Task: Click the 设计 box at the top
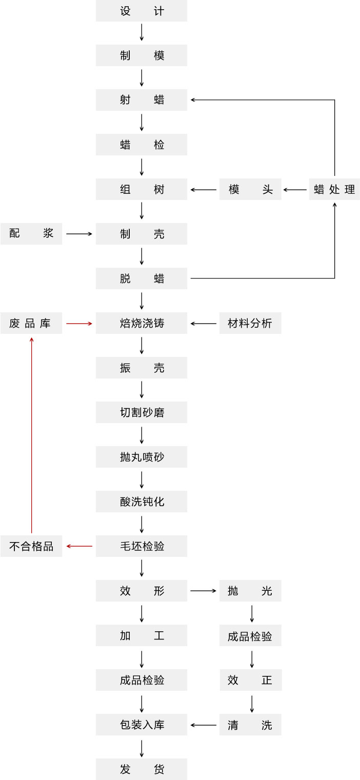(x=142, y=11)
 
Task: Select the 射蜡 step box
(x=142, y=100)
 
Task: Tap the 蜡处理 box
(x=334, y=189)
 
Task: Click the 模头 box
(x=250, y=189)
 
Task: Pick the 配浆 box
(x=31, y=234)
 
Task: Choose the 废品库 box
(x=31, y=323)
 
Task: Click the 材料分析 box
(x=250, y=323)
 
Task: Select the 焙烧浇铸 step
(x=142, y=323)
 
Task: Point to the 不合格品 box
(x=31, y=546)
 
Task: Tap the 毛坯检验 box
(x=142, y=546)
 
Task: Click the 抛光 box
(x=250, y=591)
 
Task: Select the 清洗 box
(x=250, y=725)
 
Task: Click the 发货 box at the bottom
(x=142, y=769)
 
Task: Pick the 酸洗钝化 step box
(x=142, y=502)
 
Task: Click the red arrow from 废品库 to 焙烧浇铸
(x=79, y=324)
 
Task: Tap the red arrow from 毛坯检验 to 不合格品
(x=79, y=546)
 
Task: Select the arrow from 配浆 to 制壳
(x=79, y=234)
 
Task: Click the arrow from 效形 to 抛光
(x=203, y=591)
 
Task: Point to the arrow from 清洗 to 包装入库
(x=203, y=725)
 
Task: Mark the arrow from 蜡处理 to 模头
(x=295, y=190)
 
